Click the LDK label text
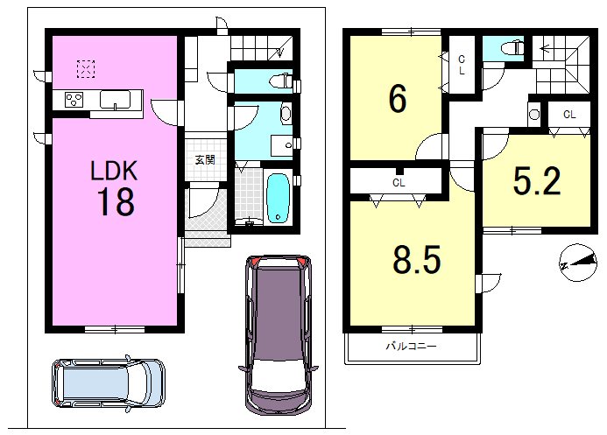[x=114, y=171]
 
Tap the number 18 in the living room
[x=116, y=201]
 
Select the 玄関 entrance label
[x=205, y=159]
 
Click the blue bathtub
[x=279, y=198]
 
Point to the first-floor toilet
[x=280, y=81]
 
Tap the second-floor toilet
[x=512, y=49]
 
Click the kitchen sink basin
[x=115, y=100]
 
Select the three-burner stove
[x=74, y=99]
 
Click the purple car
[x=279, y=334]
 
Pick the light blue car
[x=109, y=382]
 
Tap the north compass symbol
[x=578, y=263]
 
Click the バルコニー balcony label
[x=411, y=346]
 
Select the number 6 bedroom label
[x=398, y=99]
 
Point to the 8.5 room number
[x=417, y=259]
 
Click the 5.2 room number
[x=537, y=181]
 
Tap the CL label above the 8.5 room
[x=399, y=183]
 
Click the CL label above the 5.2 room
[x=569, y=115]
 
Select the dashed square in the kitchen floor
[x=86, y=69]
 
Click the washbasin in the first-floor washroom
[x=286, y=113]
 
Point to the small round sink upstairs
[x=534, y=115]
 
